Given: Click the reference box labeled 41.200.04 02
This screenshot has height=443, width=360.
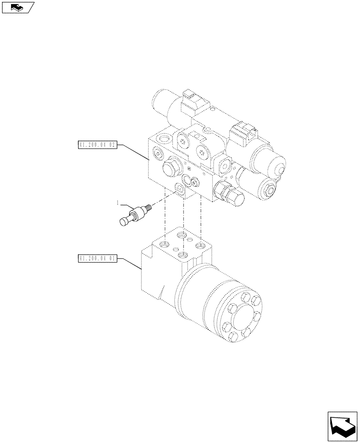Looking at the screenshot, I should (97, 145).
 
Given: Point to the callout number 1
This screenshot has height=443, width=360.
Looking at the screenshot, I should (118, 203).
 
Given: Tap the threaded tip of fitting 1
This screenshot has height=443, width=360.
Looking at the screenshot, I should (149, 206).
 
